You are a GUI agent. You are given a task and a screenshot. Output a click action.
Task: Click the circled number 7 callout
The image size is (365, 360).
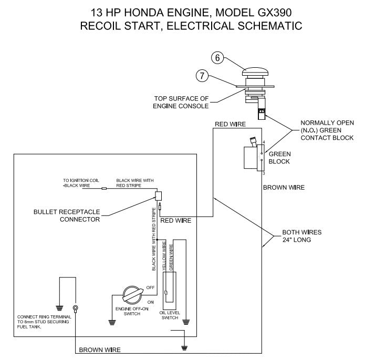click(202, 76)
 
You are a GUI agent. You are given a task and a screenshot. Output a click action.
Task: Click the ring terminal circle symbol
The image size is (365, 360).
click(76, 308)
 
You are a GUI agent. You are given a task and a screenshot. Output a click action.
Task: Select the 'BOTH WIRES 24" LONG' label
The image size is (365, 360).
click(300, 235)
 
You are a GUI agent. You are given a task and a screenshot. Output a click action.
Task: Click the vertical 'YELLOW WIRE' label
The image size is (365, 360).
click(164, 257)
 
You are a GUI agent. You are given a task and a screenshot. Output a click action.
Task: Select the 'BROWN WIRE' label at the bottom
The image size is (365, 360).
click(99, 349)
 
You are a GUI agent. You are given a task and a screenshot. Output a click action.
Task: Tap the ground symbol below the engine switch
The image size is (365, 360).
click(111, 323)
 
